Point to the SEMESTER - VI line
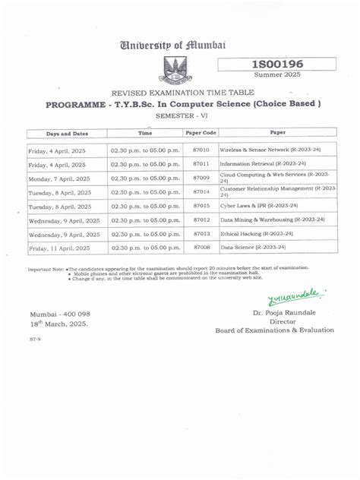[x=180, y=115]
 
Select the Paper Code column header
[x=201, y=133]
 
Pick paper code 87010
[x=201, y=150]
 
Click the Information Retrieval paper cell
[x=262, y=163]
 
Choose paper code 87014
[x=201, y=192]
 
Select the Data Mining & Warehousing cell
[x=272, y=219]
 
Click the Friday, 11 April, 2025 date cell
[x=59, y=248]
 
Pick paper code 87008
[x=201, y=248]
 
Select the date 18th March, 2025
[x=59, y=324]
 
